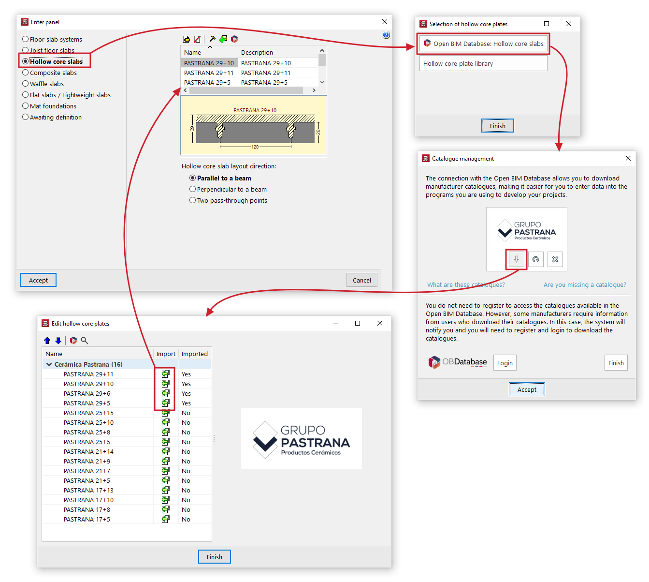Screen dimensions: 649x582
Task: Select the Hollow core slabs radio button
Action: [x=25, y=61]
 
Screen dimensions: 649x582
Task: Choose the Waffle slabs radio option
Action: [x=25, y=84]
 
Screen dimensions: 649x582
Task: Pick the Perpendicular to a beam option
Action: [x=192, y=189]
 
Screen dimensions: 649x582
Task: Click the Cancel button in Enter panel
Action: [x=361, y=280]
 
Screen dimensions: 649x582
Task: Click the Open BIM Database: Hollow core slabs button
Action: [x=483, y=44]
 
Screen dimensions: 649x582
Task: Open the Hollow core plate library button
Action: [x=483, y=63]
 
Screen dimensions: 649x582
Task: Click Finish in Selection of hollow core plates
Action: [x=497, y=126]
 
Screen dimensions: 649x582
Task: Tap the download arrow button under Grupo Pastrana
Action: [x=516, y=259]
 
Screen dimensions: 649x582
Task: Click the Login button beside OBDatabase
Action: [x=505, y=363]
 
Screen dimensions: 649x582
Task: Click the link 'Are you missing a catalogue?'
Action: [x=585, y=284]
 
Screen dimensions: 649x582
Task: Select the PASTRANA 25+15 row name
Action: [x=88, y=413]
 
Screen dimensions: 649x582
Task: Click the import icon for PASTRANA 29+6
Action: [x=165, y=393]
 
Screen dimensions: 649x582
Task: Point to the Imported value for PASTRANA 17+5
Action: [x=186, y=519]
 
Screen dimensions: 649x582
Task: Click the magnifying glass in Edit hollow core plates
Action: [x=84, y=340]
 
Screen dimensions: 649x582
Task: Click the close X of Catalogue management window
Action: [x=628, y=158]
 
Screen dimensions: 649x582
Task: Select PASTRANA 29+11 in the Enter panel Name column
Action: [x=209, y=73]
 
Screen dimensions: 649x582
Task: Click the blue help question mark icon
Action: [x=386, y=35]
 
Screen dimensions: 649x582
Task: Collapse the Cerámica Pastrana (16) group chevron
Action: [x=49, y=364]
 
